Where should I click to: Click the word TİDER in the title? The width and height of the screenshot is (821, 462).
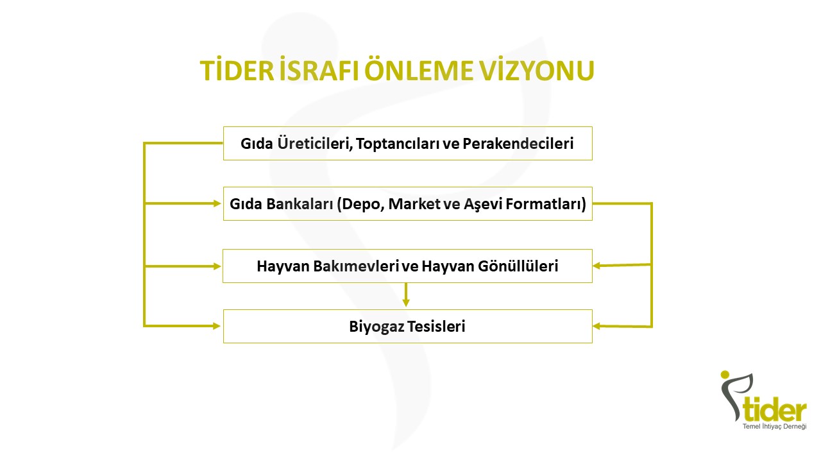[237, 70]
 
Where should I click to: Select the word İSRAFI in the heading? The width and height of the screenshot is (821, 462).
[319, 70]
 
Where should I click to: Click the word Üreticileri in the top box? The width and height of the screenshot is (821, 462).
[315, 143]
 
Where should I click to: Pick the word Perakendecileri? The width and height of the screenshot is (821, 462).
[518, 143]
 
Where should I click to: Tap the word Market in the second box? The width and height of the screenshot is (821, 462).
[414, 204]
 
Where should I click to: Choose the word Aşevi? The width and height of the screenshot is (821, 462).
[483, 204]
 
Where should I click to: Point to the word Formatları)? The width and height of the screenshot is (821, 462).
[546, 204]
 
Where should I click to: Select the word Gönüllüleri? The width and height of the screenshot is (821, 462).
[518, 266]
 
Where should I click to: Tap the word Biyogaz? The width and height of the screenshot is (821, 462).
[377, 327]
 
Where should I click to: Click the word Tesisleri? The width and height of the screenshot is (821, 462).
[436, 327]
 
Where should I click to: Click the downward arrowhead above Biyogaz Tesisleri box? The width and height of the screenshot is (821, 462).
[406, 302]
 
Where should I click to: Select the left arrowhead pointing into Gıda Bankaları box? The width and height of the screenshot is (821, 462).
[217, 203]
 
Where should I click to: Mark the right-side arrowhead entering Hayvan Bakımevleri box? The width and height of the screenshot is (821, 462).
[597, 266]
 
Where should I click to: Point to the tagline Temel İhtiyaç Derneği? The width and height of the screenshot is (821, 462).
[774, 427]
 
